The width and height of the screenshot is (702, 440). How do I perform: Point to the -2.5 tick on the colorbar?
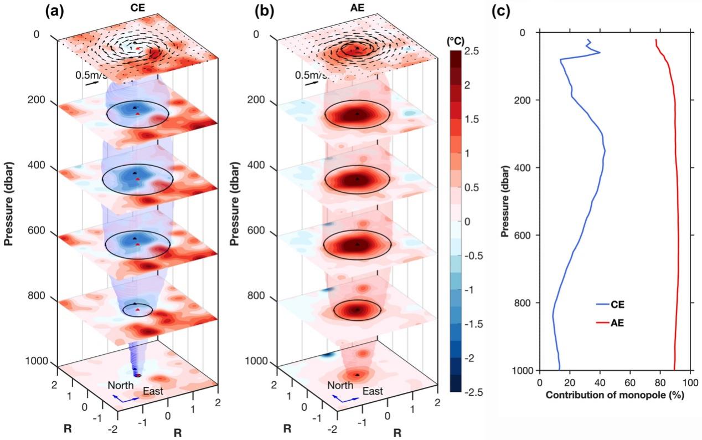point(475,392)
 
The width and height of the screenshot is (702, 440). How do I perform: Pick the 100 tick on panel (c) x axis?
point(689,382)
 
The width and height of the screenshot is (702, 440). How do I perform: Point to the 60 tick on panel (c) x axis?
point(629,382)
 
